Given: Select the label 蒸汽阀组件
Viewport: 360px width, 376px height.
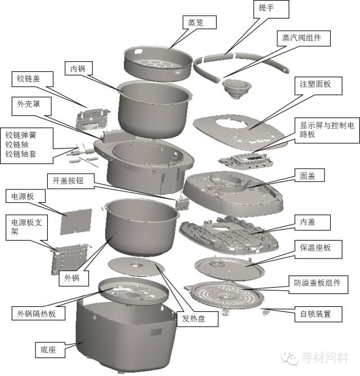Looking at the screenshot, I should (x=303, y=38).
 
